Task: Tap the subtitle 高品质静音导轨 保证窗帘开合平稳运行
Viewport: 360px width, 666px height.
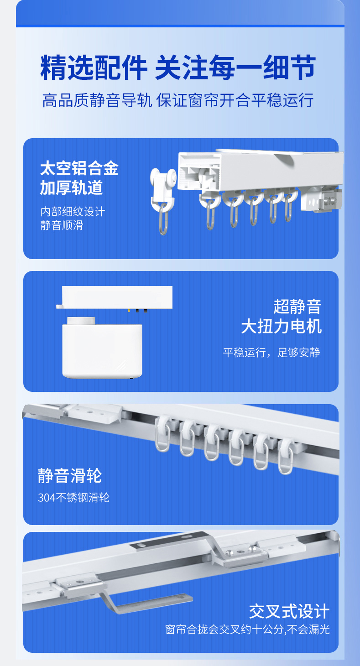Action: (178, 100)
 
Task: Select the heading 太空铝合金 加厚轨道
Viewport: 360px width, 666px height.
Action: (79, 178)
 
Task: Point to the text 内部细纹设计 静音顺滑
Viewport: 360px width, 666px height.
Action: (73, 219)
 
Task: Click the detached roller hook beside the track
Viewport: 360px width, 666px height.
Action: (163, 201)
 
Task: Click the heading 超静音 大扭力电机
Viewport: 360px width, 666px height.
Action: (281, 317)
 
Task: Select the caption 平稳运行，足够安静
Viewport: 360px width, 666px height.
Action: (271, 353)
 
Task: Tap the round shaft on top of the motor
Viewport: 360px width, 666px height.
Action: (81, 321)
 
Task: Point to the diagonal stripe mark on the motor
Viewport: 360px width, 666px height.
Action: (120, 364)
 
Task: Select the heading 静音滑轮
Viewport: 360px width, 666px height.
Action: (69, 476)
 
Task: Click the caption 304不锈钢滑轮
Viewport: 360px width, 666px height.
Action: (74, 498)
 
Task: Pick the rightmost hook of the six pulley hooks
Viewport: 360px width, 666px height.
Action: (285, 456)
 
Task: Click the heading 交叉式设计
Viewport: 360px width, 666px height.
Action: (289, 611)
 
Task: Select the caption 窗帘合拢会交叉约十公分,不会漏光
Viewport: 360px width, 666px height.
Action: (247, 630)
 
